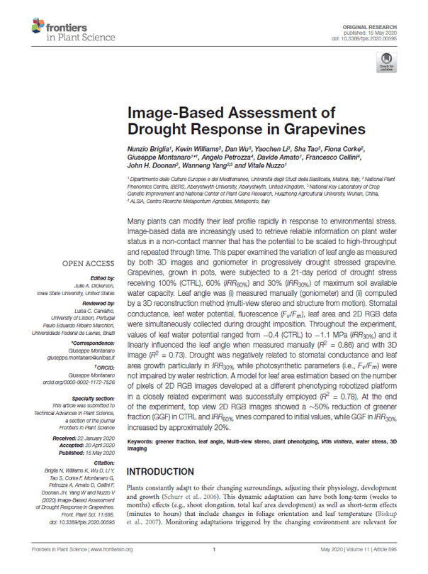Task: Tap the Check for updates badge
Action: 387,66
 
